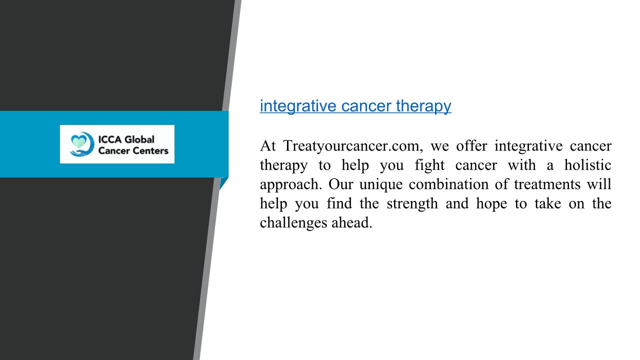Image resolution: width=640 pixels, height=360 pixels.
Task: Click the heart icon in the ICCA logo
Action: click(x=78, y=141)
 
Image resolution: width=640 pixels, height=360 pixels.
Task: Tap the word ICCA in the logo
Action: click(x=110, y=139)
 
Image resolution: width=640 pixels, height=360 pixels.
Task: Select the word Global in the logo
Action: click(x=139, y=139)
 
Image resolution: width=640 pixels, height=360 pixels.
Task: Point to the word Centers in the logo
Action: click(x=151, y=150)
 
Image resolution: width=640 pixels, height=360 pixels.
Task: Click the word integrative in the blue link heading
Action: click(x=298, y=106)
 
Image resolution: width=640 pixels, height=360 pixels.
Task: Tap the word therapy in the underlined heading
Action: click(x=423, y=106)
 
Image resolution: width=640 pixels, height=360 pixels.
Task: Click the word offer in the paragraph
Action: click(x=471, y=145)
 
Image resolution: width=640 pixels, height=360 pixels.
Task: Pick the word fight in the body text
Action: click(x=429, y=165)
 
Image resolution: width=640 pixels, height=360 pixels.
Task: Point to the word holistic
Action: click(x=587, y=165)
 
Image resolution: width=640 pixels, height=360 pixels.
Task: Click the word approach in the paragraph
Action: click(x=291, y=185)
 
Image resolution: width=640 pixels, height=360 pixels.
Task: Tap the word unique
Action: click(x=381, y=185)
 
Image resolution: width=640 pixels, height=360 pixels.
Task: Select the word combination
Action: click(x=448, y=184)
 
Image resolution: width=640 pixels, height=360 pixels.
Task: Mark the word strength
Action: click(x=412, y=204)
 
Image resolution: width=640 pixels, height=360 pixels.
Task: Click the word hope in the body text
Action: click(x=491, y=204)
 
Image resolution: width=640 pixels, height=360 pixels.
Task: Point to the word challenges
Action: click(x=293, y=223)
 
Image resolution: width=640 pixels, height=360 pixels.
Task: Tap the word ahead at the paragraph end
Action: click(x=351, y=222)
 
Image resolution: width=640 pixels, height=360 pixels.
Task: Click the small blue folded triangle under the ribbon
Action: click(x=223, y=183)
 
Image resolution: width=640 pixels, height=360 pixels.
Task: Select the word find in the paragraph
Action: click(x=339, y=203)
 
